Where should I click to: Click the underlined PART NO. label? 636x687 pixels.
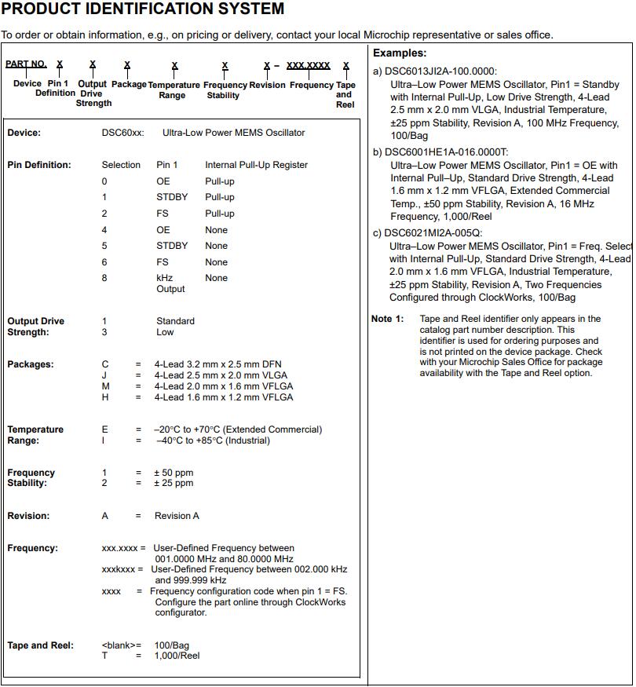[26, 64]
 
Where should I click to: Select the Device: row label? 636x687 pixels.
[24, 133]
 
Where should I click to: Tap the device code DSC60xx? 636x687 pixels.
[122, 133]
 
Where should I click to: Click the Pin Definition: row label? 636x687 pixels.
[38, 165]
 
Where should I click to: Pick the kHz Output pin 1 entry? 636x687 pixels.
[170, 283]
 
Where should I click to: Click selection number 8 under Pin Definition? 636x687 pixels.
[104, 278]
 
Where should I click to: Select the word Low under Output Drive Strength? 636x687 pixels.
[165, 332]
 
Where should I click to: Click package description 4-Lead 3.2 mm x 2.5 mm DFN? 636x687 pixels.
[217, 364]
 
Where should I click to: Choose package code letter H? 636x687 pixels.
[105, 397]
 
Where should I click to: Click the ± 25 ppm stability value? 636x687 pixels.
[174, 483]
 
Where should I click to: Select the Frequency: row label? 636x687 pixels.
[32, 548]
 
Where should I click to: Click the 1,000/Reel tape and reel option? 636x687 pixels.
[177, 656]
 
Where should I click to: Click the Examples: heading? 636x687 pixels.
[400, 53]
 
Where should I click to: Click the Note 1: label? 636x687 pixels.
[387, 319]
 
